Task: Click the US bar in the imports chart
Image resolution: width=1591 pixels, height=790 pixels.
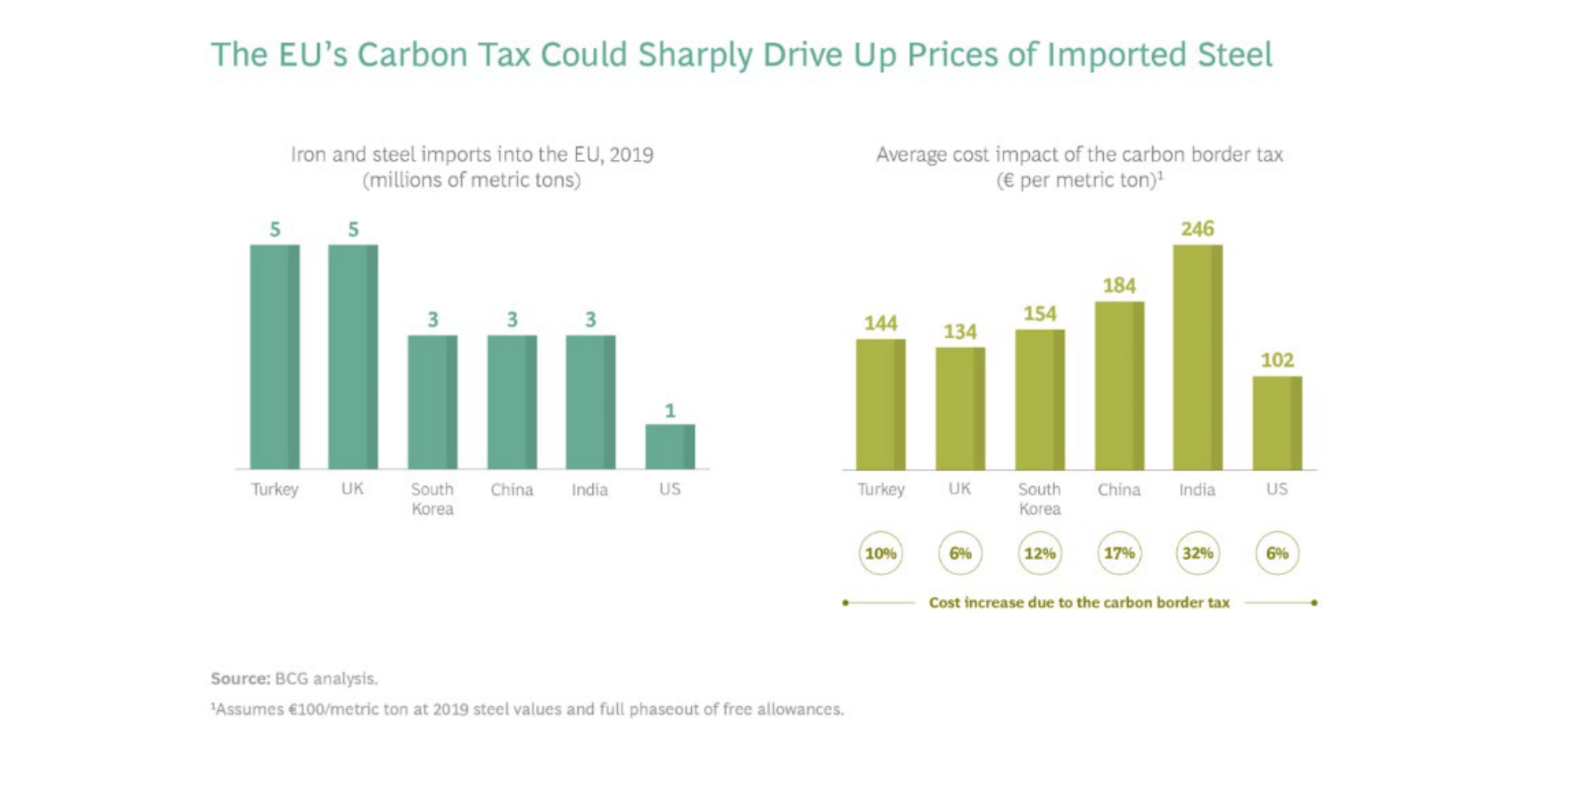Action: pyautogui.click(x=669, y=447)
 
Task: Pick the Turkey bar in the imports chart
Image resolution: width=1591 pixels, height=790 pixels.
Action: pyautogui.click(x=275, y=357)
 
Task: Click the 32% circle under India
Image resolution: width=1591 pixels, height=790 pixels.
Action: pyautogui.click(x=1197, y=553)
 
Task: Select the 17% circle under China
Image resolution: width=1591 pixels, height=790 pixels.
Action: pyautogui.click(x=1119, y=553)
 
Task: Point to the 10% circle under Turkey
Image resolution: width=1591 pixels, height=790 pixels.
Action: pyautogui.click(x=881, y=553)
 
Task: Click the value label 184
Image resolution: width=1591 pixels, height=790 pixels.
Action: pyautogui.click(x=1119, y=285)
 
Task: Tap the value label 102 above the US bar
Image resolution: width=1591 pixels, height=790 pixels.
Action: pyautogui.click(x=1277, y=360)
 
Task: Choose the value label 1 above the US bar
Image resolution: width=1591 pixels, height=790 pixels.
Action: pyautogui.click(x=669, y=411)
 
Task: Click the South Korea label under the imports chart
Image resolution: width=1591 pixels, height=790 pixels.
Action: pyautogui.click(x=432, y=499)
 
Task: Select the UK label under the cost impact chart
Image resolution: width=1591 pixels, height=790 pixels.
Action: pyautogui.click(x=960, y=488)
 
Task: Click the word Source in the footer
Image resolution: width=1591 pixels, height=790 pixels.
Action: pyautogui.click(x=240, y=679)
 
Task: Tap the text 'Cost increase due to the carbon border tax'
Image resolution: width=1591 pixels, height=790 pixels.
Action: pyautogui.click(x=1079, y=603)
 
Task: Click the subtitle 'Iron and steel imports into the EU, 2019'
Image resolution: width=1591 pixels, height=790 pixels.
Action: pyautogui.click(x=472, y=155)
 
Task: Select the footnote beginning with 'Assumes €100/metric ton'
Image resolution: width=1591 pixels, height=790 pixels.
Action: pyautogui.click(x=528, y=709)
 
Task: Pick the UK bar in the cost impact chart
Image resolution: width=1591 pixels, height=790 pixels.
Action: pyautogui.click(x=960, y=408)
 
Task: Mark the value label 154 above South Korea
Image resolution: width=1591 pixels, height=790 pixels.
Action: pyautogui.click(x=1040, y=314)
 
